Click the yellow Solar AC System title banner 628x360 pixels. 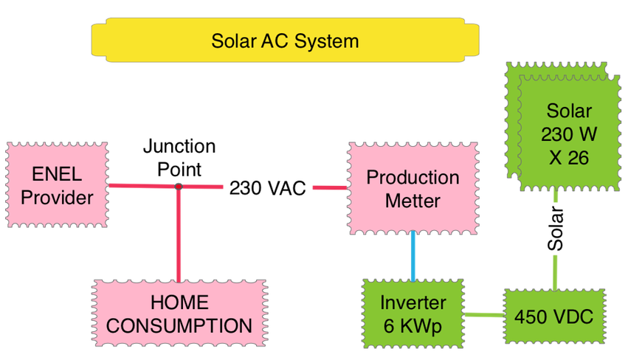285,41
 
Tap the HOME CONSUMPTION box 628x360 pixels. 179,314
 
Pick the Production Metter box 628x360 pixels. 413,188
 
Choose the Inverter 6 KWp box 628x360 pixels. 413,314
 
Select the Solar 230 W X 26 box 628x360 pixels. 568,134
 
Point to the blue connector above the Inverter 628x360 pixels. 413,255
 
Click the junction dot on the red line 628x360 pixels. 178,187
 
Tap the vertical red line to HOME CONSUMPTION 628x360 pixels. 178,236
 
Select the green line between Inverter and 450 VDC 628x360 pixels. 484,315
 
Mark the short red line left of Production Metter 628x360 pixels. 329,188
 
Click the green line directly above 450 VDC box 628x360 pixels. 555,271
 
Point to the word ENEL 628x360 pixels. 57,176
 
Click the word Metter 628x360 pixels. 413,200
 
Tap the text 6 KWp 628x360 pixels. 412,325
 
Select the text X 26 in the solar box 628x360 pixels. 568,157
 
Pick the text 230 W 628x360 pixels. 568,134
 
